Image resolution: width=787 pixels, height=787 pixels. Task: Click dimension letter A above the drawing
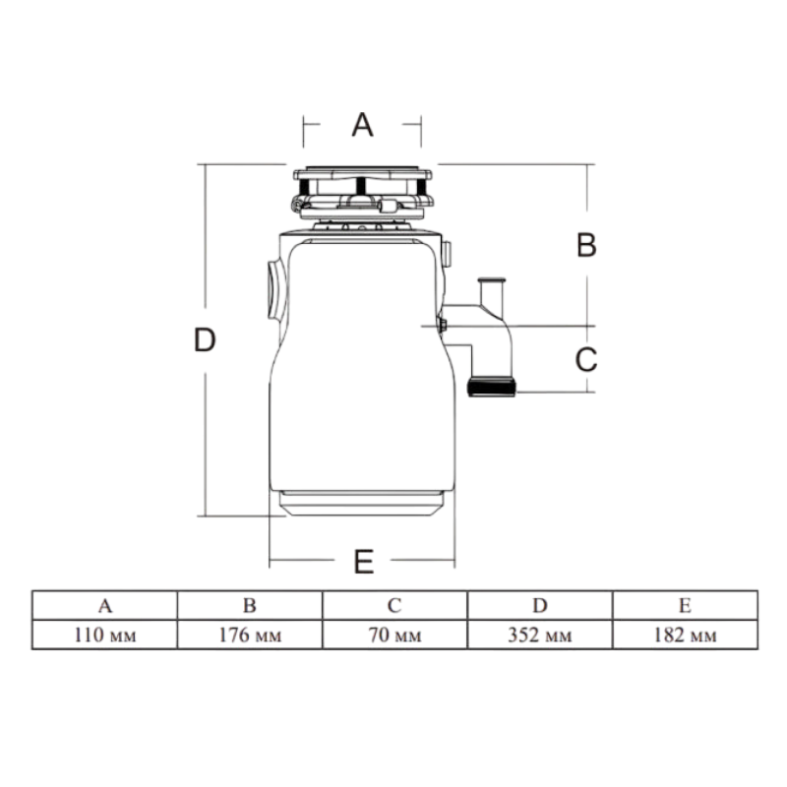[362, 125]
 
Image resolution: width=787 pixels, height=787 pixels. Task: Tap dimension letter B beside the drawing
[586, 245]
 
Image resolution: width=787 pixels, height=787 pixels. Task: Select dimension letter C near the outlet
[586, 359]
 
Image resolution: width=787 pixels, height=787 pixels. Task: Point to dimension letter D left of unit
[205, 339]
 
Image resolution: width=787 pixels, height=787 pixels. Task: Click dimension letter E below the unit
[363, 562]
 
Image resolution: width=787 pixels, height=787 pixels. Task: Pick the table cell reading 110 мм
[105, 635]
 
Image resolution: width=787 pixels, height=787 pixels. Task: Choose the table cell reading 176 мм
[250, 635]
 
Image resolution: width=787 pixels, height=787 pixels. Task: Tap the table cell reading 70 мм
[395, 635]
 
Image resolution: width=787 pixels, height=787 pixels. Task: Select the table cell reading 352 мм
[540, 635]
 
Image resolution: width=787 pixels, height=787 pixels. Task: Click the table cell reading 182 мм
[685, 635]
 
